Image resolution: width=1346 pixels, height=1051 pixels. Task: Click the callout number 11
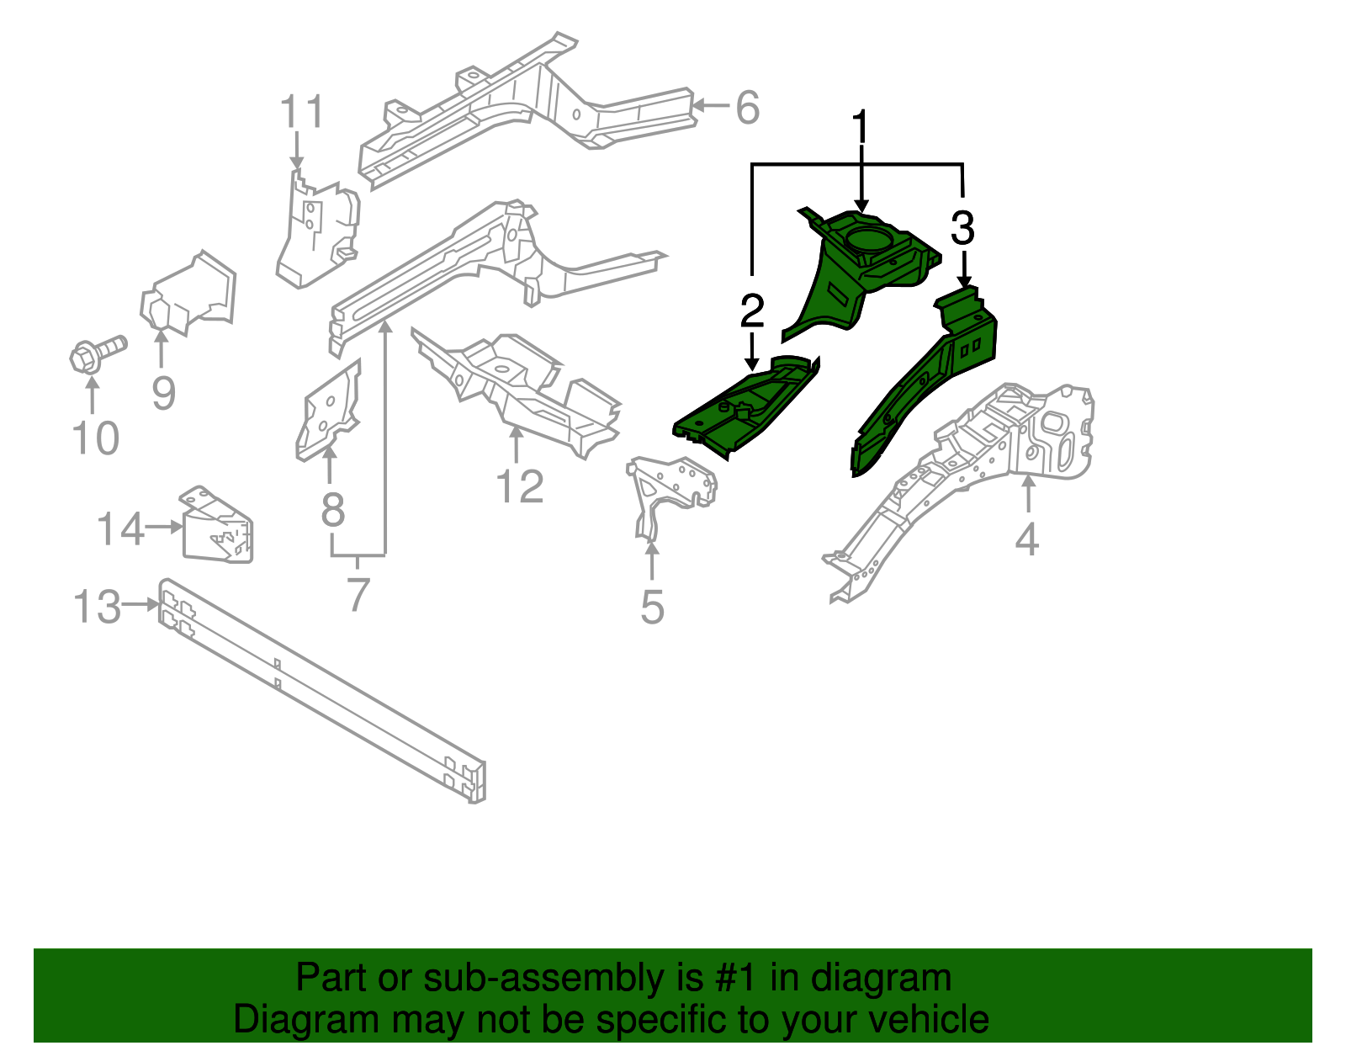[x=301, y=112]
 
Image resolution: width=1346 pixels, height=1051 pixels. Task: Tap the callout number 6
[x=747, y=108]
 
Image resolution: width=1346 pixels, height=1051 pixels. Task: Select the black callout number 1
[x=860, y=128]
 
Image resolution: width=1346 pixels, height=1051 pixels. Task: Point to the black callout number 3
[x=962, y=228]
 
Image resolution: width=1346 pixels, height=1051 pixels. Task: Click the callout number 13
[x=98, y=607]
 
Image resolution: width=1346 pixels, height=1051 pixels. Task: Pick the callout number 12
[x=520, y=486]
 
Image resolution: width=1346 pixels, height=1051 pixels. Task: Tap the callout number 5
[x=652, y=607]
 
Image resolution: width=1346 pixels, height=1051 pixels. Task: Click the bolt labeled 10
[x=97, y=353]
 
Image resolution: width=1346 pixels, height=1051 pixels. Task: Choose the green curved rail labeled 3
[x=925, y=379]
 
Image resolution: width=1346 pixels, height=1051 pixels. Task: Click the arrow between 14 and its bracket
[x=165, y=528]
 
